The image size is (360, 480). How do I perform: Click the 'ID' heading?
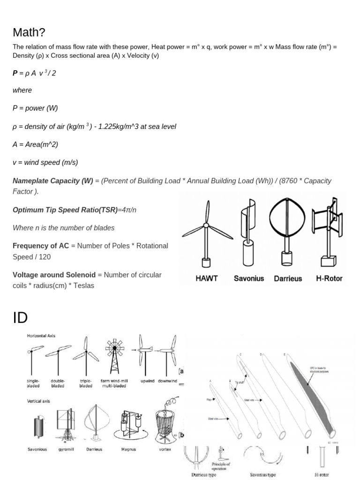point(20,318)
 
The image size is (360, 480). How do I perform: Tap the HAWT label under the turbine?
point(206,278)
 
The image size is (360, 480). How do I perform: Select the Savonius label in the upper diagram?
point(249,278)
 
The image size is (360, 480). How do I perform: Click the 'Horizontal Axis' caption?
point(41,336)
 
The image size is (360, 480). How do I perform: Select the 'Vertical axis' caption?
point(38,401)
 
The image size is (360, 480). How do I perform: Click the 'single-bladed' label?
point(33,383)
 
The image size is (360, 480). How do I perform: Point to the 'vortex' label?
point(165,449)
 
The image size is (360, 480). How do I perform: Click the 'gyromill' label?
point(64,449)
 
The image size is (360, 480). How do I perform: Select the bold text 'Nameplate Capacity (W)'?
point(53,180)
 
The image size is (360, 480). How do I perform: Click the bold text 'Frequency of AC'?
point(40,246)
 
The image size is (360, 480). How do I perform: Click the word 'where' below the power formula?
point(22,90)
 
